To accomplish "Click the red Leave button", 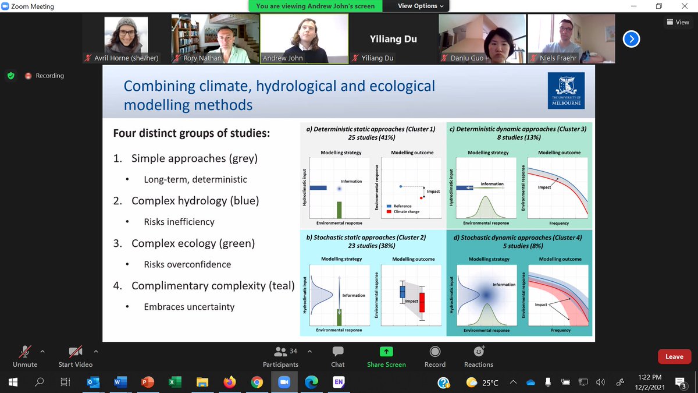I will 674,356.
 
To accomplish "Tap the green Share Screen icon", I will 386,352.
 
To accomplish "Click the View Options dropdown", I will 421,6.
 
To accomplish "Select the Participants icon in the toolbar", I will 280,352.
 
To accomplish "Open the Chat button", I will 337,352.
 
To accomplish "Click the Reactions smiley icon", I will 479,352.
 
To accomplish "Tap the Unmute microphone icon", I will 25,352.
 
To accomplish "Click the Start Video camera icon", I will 75,352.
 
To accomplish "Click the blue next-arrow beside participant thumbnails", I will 631,39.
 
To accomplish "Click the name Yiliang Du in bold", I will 393,40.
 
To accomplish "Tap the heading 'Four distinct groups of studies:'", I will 191,133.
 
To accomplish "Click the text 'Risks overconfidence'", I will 187,264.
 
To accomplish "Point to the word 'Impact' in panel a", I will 433,191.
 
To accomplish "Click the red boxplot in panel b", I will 422,302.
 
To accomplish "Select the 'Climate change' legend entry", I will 407,211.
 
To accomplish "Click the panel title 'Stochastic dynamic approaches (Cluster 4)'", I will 519,238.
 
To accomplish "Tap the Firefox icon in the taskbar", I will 229,383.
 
